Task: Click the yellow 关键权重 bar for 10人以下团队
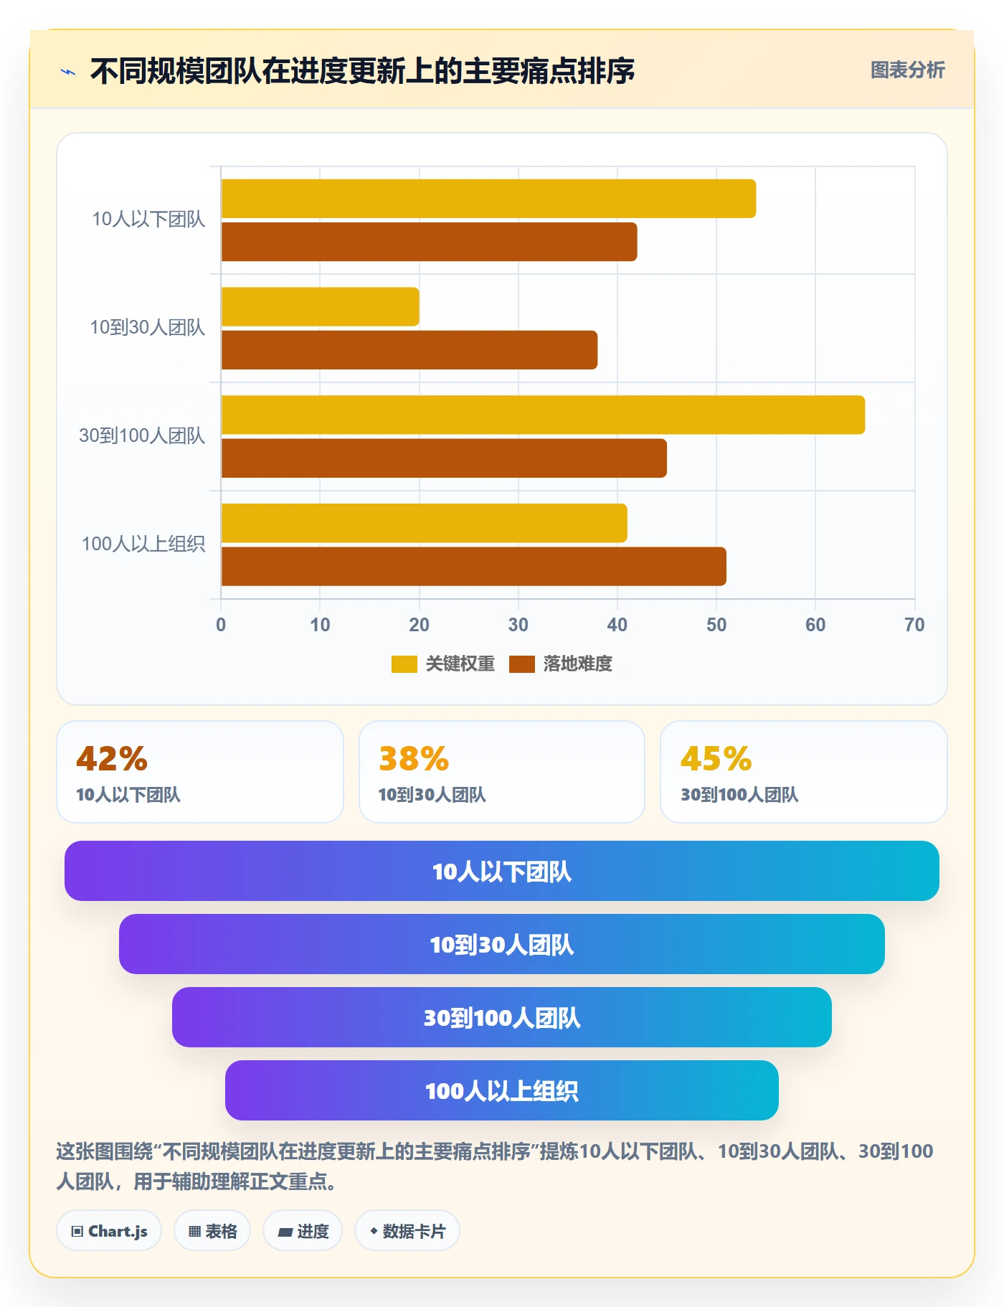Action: pos(488,199)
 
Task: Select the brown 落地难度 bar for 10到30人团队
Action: pos(409,350)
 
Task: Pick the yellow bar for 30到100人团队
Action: pos(543,415)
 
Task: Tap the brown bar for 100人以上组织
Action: pos(474,566)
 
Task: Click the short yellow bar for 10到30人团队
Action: pos(321,307)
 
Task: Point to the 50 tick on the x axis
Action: pos(716,625)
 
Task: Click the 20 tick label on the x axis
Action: pos(419,625)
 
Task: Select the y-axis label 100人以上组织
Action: pos(143,544)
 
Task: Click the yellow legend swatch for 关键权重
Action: pos(404,664)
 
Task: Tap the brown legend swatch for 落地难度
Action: pos(522,664)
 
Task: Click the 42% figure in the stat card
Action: pos(112,759)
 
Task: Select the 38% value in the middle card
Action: pos(414,759)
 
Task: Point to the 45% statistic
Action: pos(716,759)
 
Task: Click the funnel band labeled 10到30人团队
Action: pos(502,944)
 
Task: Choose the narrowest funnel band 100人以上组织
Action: pos(502,1090)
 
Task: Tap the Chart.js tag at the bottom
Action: pos(109,1231)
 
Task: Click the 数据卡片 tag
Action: pos(407,1231)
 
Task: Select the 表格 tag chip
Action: pos(212,1231)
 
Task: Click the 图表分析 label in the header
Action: pos(908,70)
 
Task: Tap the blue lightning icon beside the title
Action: pos(68,72)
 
